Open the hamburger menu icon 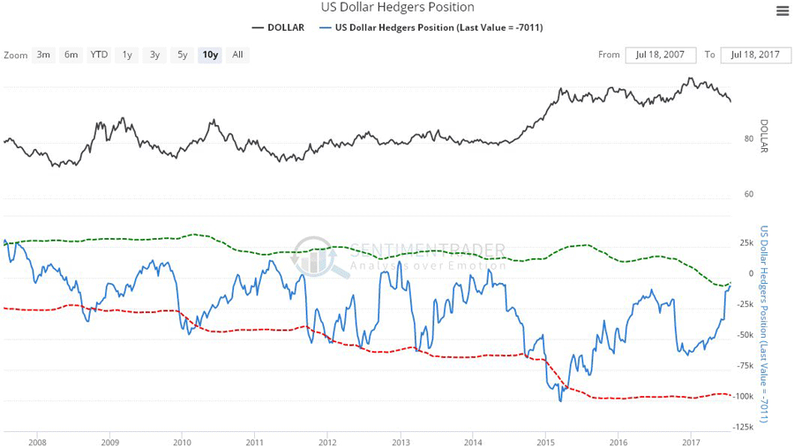(x=783, y=11)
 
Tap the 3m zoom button (x=43, y=55)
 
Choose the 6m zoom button (x=71, y=55)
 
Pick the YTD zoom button (x=99, y=55)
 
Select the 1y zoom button (x=127, y=55)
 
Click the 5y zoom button (x=182, y=55)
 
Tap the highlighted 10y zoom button (x=210, y=55)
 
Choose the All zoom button (x=237, y=55)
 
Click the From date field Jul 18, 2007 (x=660, y=55)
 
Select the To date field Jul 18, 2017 (x=755, y=55)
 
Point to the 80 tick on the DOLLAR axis (x=749, y=139)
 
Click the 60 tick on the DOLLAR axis (x=749, y=194)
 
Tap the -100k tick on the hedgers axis (x=745, y=396)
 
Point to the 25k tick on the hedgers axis (x=746, y=243)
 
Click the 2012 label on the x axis (x=327, y=442)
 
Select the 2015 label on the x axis (x=545, y=442)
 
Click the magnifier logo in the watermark (x=319, y=257)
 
